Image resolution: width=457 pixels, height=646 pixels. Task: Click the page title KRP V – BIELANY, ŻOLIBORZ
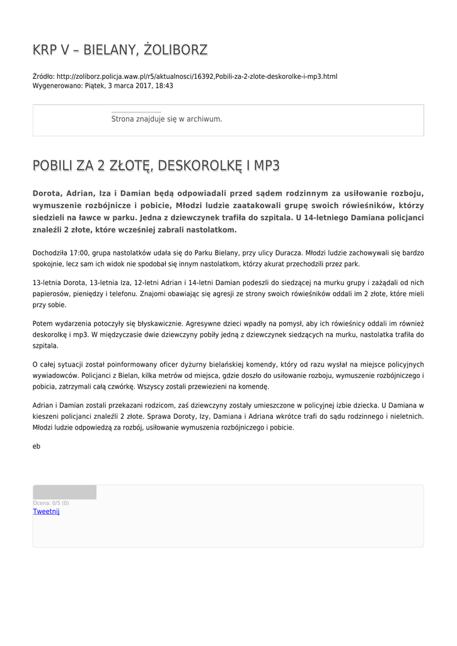[120, 50]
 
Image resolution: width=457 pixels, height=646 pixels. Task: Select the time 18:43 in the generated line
[165, 85]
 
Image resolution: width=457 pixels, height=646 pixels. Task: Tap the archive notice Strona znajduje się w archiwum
[166, 119]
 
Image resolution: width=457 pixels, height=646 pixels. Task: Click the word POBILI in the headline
[53, 166]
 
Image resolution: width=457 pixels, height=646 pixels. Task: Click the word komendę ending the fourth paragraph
[255, 387]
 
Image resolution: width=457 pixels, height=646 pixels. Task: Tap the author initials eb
[37, 446]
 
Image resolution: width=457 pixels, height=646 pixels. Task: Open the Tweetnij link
[46, 512]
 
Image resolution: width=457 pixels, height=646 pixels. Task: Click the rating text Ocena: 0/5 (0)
[51, 503]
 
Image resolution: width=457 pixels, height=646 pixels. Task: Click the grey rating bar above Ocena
[64, 492]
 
